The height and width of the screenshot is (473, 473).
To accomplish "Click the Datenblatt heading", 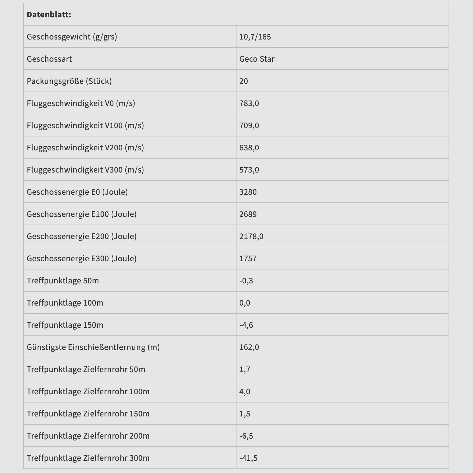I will pos(49,14).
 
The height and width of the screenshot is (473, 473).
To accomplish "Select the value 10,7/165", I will pos(255,37).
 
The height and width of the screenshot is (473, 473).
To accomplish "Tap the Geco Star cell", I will pos(257,59).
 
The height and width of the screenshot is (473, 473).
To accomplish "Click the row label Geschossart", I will pos(49,59).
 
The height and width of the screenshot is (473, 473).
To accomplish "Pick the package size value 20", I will pos(244,81).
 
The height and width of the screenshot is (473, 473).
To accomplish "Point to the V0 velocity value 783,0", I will pos(249,103).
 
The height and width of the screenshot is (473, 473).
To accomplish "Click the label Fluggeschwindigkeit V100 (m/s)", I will pos(85,125).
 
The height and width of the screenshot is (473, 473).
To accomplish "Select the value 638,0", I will pos(249,148).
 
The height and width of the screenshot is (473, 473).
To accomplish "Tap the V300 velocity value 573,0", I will pos(249,170).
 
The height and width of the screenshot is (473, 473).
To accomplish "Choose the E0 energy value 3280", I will pos(248,192).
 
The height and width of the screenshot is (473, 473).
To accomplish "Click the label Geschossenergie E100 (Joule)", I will pos(82,214).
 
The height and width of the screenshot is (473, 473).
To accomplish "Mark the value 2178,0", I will pos(251,236).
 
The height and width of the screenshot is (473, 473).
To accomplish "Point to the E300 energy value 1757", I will pos(248,258).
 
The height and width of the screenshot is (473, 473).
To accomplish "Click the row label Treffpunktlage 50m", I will pos(63,281).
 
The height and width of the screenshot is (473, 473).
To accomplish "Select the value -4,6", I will pos(246,325).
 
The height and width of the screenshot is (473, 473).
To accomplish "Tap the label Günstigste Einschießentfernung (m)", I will pos(93,347).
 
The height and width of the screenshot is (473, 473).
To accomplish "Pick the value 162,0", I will pos(249,347).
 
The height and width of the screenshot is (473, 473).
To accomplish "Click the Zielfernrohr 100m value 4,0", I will pos(245,391).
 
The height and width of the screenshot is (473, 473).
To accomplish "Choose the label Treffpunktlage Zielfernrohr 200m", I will pos(88,436).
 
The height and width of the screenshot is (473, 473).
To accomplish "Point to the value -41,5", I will pos(248,458).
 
